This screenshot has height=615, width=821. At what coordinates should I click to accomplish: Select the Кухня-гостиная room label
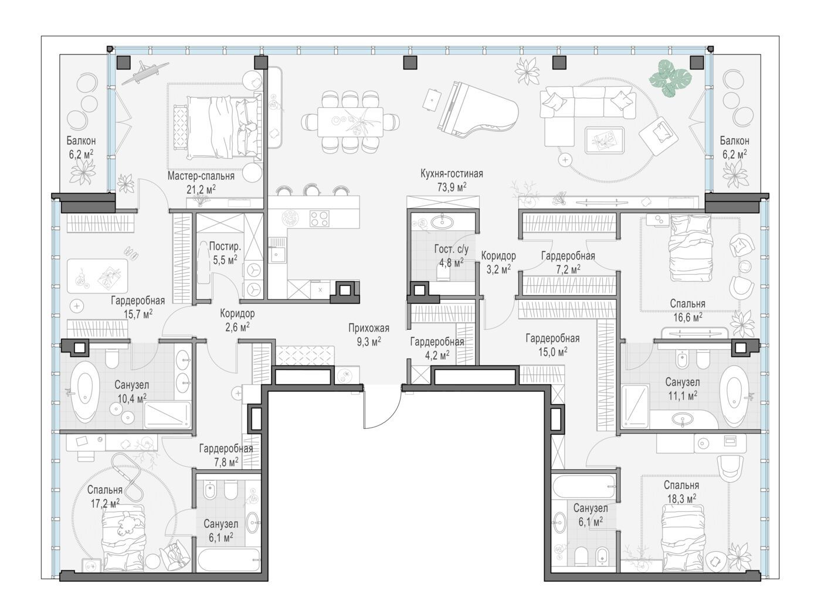tap(452, 173)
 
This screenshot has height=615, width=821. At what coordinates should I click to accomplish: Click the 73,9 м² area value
tap(452, 187)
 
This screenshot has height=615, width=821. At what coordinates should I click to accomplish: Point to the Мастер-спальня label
tap(201, 176)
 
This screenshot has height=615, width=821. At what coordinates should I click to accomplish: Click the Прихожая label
tap(369, 328)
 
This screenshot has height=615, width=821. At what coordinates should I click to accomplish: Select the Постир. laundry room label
tap(225, 246)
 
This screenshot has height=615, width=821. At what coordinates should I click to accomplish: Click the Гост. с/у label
tap(452, 249)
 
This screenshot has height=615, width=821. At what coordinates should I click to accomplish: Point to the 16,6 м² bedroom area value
tap(687, 317)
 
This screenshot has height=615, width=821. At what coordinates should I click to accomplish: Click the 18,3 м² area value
tap(681, 499)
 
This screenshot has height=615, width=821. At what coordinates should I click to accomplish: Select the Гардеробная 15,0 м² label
tap(552, 344)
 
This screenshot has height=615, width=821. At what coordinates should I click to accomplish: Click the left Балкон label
tap(81, 141)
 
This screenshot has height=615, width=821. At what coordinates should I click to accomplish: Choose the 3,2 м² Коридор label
tap(498, 262)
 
